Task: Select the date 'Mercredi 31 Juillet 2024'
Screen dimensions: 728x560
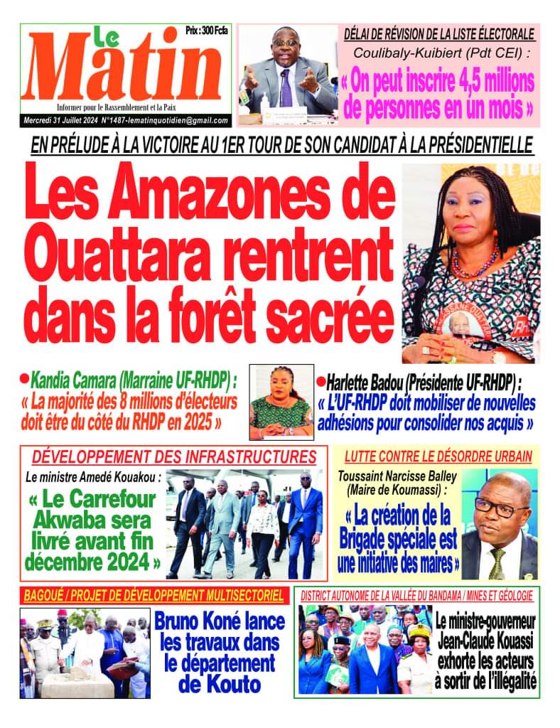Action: [x=72, y=121]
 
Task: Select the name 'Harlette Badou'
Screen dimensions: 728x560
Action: [x=364, y=380]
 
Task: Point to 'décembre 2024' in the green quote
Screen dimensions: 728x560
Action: [x=92, y=564]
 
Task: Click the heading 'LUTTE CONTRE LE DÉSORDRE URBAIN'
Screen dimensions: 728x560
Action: [x=438, y=456]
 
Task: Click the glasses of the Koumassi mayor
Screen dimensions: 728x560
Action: [x=500, y=507]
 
